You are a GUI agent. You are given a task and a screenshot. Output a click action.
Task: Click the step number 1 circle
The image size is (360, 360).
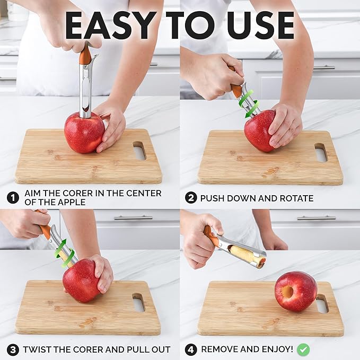pyautogui.click(x=13, y=198)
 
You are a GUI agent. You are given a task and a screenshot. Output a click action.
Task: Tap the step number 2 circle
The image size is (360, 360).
pyautogui.click(x=191, y=198)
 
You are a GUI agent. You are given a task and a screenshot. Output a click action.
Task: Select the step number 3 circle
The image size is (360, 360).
pyautogui.click(x=13, y=349)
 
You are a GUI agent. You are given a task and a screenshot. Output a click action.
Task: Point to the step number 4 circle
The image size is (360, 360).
pyautogui.click(x=191, y=349)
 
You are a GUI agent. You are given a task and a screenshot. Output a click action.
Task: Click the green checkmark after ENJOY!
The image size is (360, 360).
pyautogui.click(x=303, y=349)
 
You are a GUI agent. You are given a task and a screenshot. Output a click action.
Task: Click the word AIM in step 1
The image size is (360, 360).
pyautogui.click(x=33, y=193)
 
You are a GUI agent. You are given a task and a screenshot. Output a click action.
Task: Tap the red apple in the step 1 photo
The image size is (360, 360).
pyautogui.click(x=84, y=132)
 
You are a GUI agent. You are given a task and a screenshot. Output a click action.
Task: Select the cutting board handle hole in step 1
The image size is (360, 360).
pyautogui.click(x=139, y=150)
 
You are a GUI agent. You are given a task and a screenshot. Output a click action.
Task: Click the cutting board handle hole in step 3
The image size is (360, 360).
pyautogui.click(x=138, y=302)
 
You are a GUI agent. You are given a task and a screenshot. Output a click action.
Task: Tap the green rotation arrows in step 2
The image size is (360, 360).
pyautogui.click(x=248, y=103)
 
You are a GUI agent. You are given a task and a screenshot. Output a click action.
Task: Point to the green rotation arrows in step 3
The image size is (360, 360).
pyautogui.click(x=64, y=253)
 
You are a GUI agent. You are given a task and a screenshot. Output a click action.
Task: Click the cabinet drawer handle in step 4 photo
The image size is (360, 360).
pyautogui.click(x=316, y=217)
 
